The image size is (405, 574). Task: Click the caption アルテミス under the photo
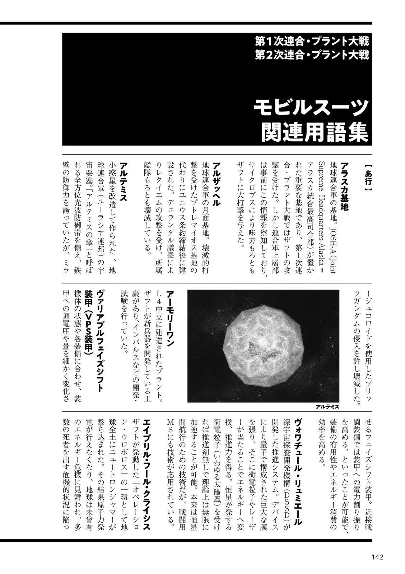(x=327, y=406)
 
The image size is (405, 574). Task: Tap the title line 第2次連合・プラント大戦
(x=312, y=55)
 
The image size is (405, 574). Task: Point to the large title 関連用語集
(x=315, y=132)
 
